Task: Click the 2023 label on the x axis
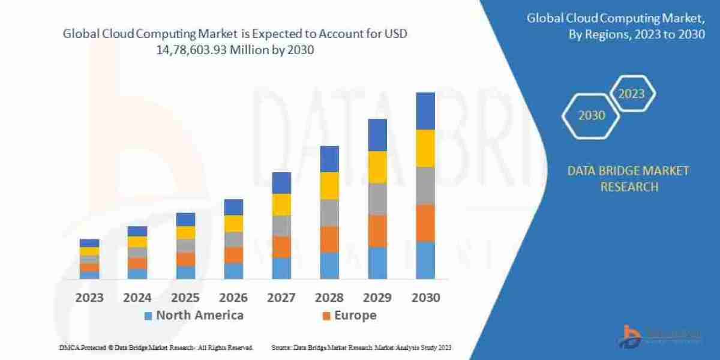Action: coord(89,298)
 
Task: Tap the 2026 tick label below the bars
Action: coord(233,298)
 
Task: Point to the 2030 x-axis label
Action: coord(425,298)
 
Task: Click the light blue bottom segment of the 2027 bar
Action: coord(281,268)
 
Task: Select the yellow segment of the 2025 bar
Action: coord(185,232)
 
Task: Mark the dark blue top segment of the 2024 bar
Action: coord(137,231)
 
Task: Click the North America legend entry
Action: coord(193,316)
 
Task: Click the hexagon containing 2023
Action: coord(631,94)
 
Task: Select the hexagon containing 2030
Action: coord(592,115)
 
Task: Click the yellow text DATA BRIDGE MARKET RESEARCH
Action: coord(628,179)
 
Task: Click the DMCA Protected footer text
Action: coord(156,347)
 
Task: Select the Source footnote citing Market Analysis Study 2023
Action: coord(361,347)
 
